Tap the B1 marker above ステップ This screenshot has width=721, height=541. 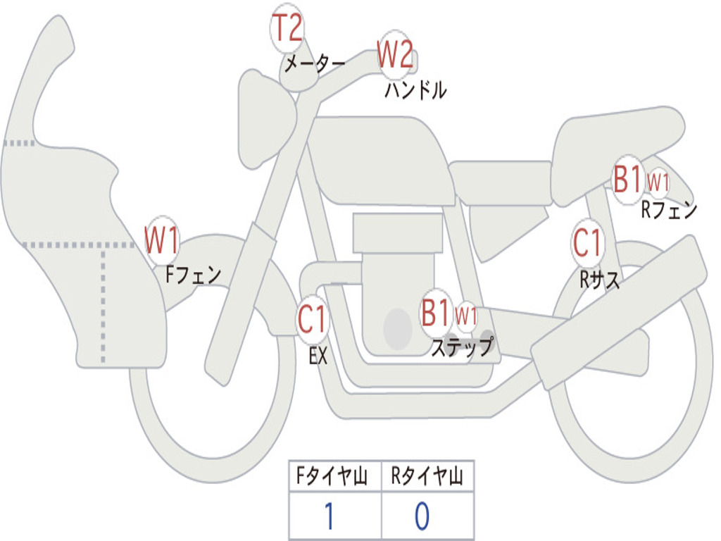tap(436, 313)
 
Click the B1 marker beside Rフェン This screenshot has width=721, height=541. tap(627, 179)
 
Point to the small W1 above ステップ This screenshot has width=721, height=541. tap(466, 315)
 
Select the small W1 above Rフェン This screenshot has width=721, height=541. tap(658, 182)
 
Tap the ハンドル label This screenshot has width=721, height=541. tap(415, 90)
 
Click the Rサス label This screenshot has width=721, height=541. tap(600, 280)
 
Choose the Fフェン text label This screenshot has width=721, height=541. tap(193, 275)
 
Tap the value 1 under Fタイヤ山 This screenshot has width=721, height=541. tap(329, 516)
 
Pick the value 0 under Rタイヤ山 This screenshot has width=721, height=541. tap(421, 516)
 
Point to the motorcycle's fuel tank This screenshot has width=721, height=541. tap(380, 158)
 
